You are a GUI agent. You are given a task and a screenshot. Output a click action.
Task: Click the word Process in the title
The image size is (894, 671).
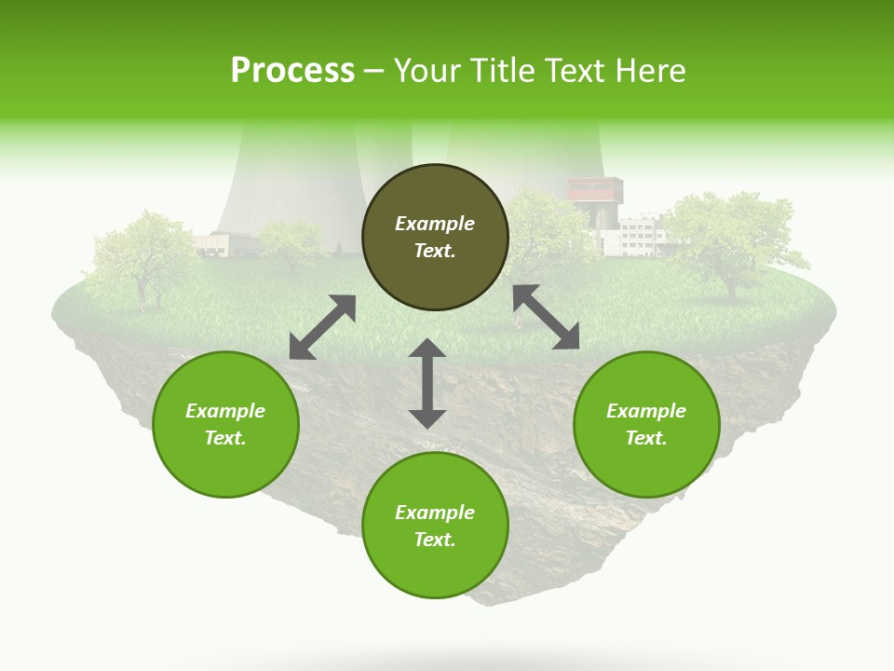coord(292,71)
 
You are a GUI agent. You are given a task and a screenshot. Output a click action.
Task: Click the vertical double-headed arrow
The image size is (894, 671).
coord(427,383)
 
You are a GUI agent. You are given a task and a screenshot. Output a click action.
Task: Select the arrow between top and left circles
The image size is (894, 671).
coord(322,327)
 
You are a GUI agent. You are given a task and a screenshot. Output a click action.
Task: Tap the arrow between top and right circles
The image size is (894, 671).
coord(546,317)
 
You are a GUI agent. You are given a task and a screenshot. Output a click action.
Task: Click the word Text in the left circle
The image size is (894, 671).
coord(225,438)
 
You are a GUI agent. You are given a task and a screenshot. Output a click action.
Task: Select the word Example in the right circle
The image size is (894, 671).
coord(646,411)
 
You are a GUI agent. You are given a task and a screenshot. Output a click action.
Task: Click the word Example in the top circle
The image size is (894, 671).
coord(435,224)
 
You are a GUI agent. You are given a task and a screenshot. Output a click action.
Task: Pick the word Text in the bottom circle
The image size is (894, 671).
coord(434,540)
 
